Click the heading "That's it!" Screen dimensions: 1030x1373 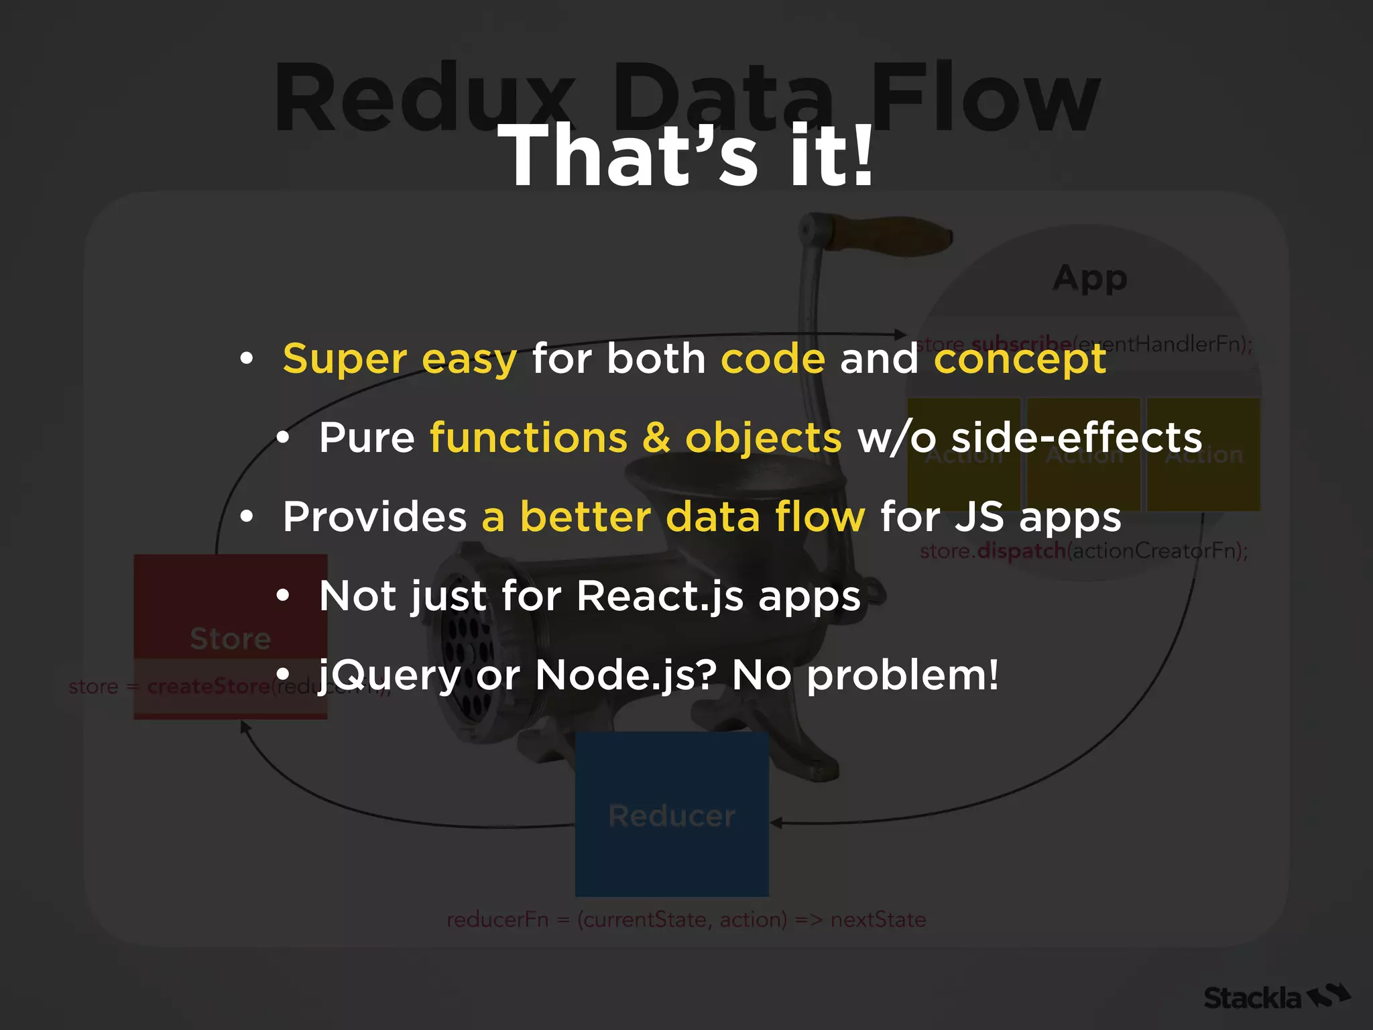pyautogui.click(x=686, y=156)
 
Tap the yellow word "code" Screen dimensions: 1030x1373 pyautogui.click(x=772, y=359)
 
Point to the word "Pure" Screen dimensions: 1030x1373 pyautogui.click(x=367, y=438)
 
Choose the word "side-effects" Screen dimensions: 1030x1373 pyautogui.click(x=1077, y=438)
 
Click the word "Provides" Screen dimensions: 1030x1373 pyautogui.click(x=375, y=517)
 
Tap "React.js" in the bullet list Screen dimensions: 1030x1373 pyautogui.click(x=660, y=596)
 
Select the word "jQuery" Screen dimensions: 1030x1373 pyautogui.click(x=390, y=675)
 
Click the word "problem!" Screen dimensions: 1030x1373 pyautogui.click(x=902, y=675)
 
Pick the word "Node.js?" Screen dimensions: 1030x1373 pyautogui.click(x=626, y=675)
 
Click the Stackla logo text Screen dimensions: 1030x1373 pyautogui.click(x=1252, y=998)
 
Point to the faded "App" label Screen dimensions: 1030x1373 pyautogui.click(x=1090, y=278)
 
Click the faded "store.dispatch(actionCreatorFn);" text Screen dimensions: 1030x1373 pyautogui.click(x=1083, y=551)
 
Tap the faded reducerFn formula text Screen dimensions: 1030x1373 pyautogui.click(x=686, y=919)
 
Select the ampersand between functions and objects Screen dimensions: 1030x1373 pyautogui.click(x=656, y=438)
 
